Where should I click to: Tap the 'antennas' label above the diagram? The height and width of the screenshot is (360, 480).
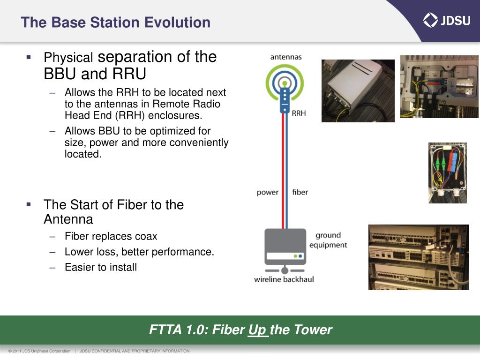pos(286,57)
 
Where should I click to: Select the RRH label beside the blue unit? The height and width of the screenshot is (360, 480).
pos(299,113)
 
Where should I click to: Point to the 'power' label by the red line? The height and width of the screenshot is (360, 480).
pos(267,192)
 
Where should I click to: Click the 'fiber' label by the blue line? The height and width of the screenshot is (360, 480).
pos(300,192)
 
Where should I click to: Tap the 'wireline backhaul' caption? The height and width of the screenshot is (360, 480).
pos(284,279)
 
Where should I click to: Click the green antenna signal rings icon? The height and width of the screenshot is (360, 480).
pos(285,82)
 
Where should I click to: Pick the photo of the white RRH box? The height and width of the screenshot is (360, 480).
pos(358,90)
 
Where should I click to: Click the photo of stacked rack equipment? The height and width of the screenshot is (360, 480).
pos(418,257)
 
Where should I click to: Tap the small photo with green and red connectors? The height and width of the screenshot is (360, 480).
pos(447,172)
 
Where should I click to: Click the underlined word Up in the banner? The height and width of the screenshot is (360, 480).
pos(257,330)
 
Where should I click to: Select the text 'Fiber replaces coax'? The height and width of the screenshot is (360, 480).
pos(111,236)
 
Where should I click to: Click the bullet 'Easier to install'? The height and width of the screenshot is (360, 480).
pos(101,267)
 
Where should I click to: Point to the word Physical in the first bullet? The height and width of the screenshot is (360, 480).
pos(68,58)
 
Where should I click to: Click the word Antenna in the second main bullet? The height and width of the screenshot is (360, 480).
pos(68,219)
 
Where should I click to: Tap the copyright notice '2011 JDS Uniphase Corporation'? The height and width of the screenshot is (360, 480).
pos(39,351)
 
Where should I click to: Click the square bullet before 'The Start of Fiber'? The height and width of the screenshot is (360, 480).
pos(29,204)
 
